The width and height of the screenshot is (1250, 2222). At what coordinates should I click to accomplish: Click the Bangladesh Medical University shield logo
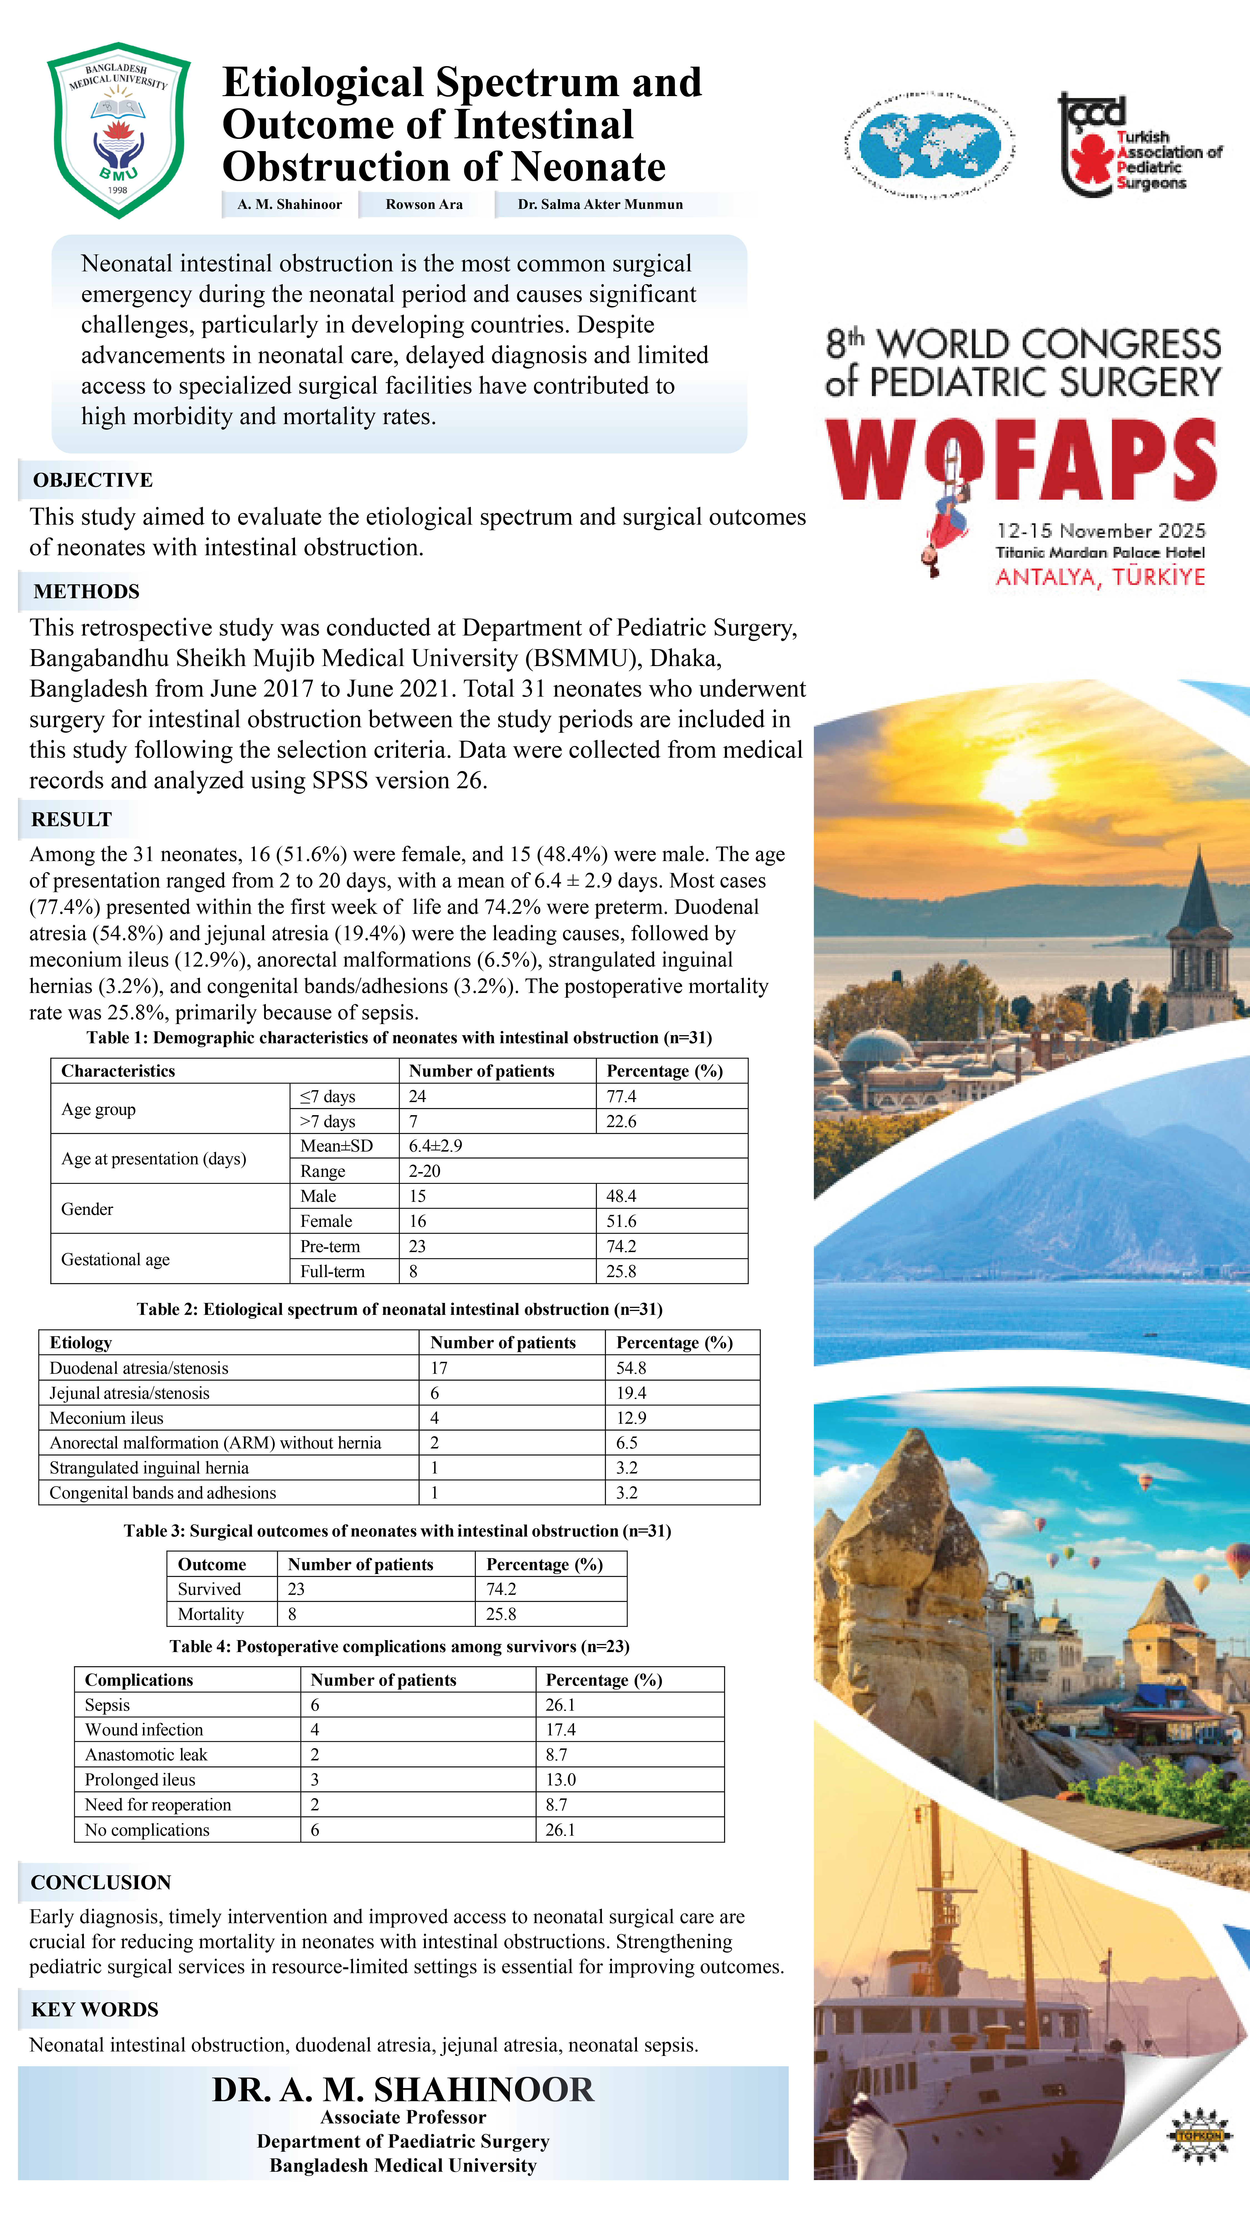tap(118, 129)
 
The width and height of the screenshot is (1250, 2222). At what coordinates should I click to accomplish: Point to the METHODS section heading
tap(86, 592)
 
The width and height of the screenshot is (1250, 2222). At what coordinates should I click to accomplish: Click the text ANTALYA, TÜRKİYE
tap(1100, 577)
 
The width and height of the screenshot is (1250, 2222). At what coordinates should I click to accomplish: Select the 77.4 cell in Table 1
tap(621, 1096)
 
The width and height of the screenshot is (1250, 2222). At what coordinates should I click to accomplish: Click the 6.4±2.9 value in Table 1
tap(436, 1145)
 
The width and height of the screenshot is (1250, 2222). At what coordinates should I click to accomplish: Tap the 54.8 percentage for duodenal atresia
tap(631, 1368)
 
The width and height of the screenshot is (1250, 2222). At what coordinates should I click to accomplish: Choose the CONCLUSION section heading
tap(101, 1883)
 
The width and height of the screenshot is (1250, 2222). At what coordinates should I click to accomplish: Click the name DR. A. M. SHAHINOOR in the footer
tap(403, 2090)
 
